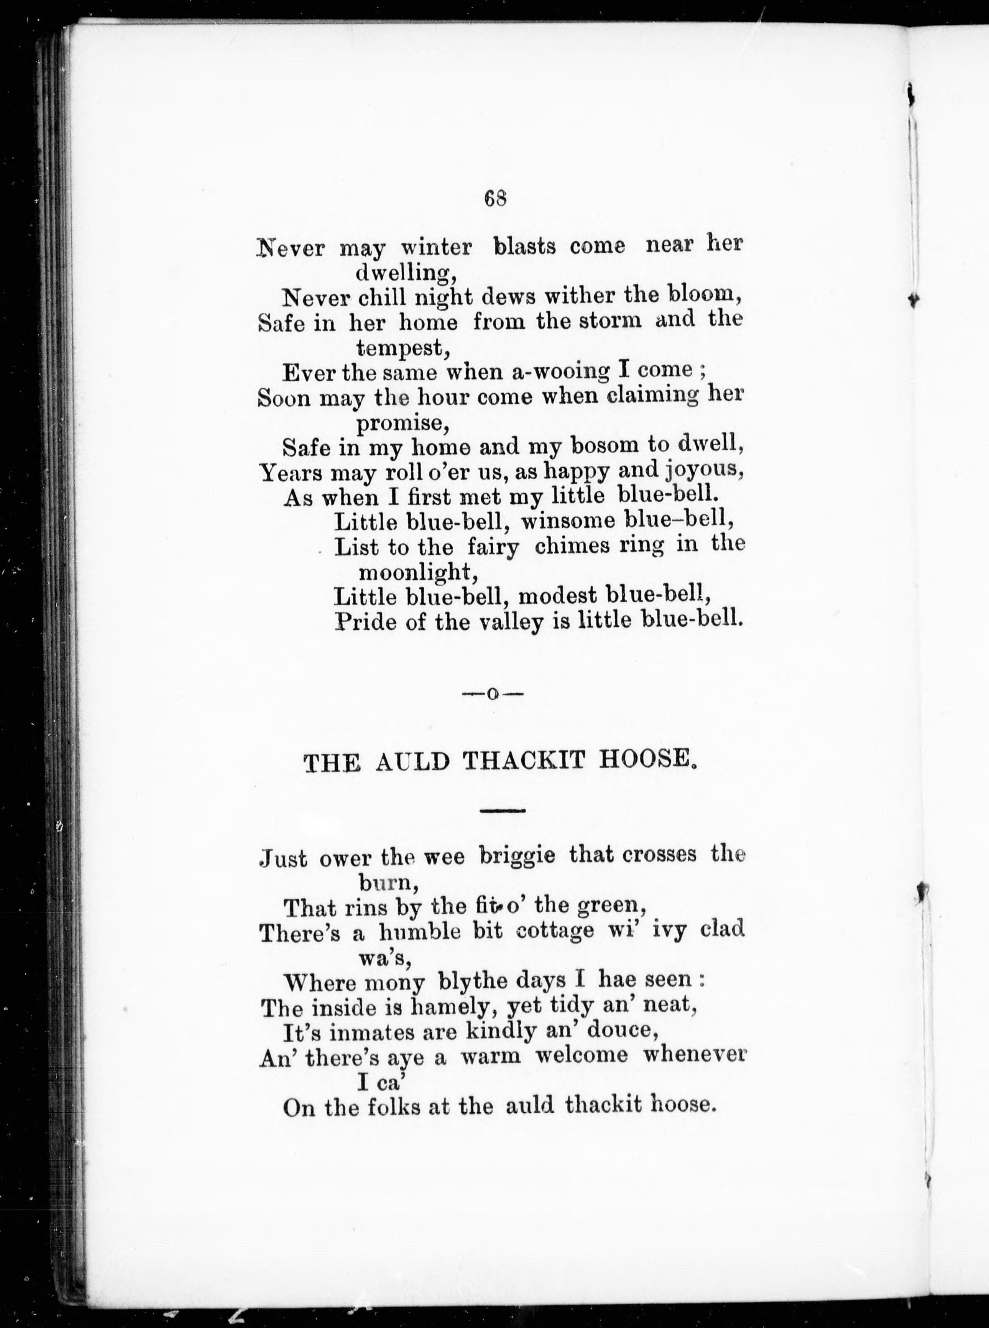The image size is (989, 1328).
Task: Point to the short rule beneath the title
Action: (x=502, y=811)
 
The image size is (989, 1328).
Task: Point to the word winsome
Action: (x=568, y=521)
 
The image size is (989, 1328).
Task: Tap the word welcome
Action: (x=581, y=1055)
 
